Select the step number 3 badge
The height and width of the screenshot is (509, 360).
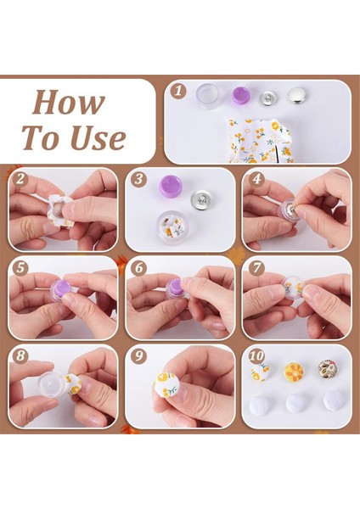(138, 180)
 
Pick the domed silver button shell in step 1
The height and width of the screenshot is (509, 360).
(300, 96)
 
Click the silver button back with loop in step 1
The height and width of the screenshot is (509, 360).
(271, 97)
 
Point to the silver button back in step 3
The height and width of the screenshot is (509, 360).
(205, 197)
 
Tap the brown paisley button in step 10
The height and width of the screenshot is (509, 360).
(328, 369)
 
